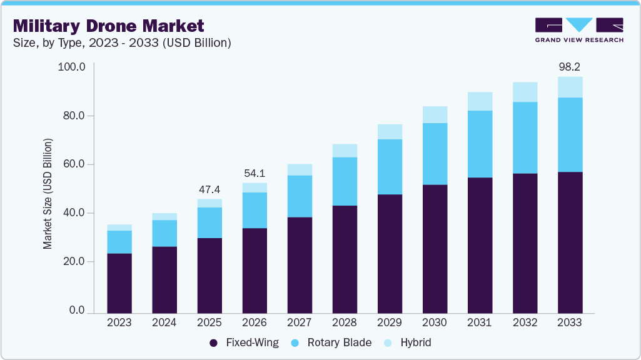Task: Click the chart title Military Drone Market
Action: tap(108, 26)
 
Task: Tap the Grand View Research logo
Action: tap(578, 30)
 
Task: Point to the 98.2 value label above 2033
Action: tap(570, 66)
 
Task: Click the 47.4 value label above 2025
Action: tap(209, 189)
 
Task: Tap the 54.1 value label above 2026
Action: tap(255, 172)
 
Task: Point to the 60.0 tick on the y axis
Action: tap(72, 164)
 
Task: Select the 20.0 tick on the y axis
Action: tap(72, 262)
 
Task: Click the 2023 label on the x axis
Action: tap(119, 323)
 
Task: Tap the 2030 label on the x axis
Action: tap(435, 323)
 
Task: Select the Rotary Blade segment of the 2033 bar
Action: tap(570, 134)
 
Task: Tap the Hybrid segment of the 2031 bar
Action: tap(480, 101)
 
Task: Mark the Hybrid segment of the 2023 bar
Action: tap(119, 227)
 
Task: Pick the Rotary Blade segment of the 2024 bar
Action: tap(164, 233)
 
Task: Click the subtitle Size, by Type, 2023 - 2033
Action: tap(123, 43)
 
